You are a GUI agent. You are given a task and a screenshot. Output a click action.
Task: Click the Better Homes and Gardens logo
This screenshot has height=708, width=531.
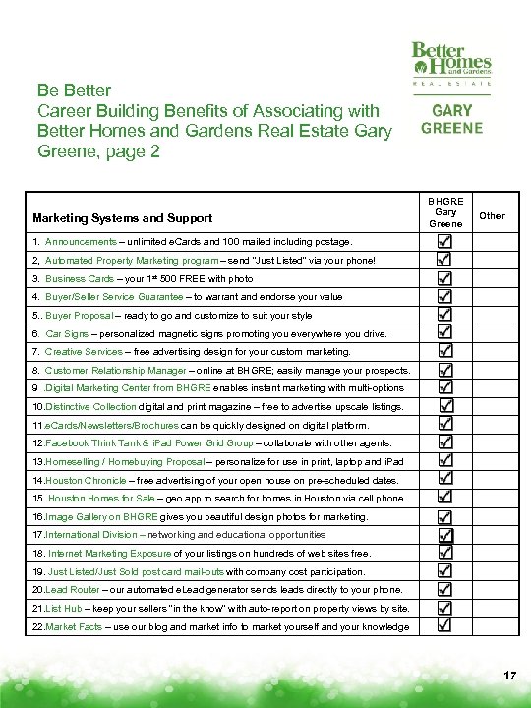[x=451, y=61]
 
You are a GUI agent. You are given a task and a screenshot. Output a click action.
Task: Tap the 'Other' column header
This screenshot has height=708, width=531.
[x=493, y=215]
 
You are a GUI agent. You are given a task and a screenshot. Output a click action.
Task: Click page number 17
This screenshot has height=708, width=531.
[x=509, y=677]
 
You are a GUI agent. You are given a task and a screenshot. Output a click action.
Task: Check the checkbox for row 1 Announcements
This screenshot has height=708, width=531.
[x=445, y=240]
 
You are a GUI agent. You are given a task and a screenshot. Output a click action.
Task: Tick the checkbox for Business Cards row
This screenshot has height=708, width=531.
[x=445, y=278]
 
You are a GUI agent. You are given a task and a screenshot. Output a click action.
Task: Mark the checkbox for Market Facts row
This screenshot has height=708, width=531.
[x=445, y=625]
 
